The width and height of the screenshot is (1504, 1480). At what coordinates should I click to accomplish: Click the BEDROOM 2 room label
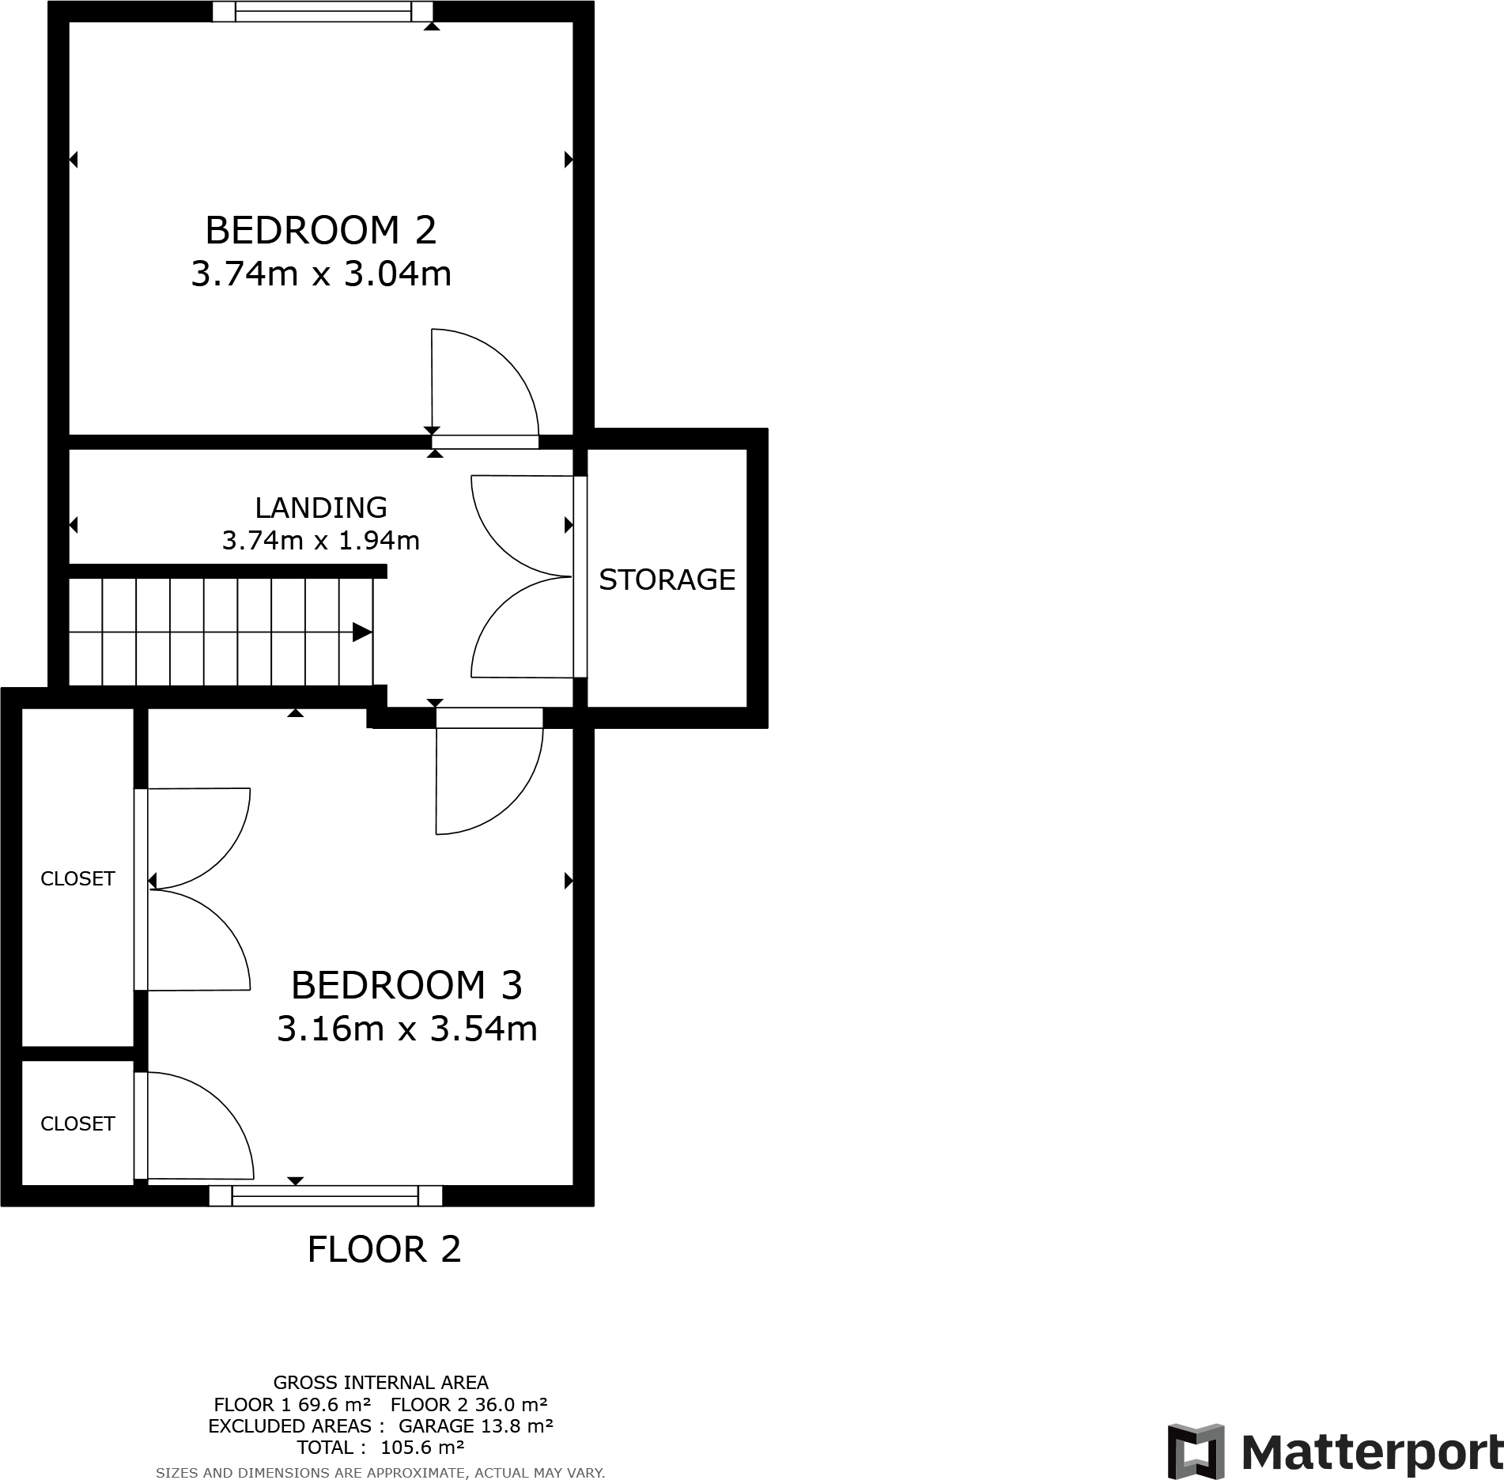[x=320, y=230]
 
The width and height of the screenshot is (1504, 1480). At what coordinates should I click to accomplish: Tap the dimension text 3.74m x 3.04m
[x=321, y=274]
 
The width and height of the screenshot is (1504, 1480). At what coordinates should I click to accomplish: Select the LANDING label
[x=320, y=507]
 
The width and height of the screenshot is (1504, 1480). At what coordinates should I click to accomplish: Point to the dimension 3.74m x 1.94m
[x=320, y=541]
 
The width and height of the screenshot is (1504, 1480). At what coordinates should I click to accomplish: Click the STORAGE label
[x=667, y=580]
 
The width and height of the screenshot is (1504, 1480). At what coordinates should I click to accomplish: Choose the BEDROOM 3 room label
[x=406, y=985]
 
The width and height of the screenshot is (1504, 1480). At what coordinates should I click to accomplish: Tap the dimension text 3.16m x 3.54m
[x=406, y=1029]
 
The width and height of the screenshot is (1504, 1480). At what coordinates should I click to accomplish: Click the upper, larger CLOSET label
[x=77, y=878]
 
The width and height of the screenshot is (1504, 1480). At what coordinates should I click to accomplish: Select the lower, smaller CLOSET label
[x=77, y=1123]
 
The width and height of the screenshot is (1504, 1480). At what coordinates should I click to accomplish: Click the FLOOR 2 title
[x=384, y=1250]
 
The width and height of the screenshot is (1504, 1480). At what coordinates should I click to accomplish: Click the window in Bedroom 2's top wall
[x=323, y=11]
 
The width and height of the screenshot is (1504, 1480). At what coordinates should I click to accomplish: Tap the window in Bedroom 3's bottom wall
[x=325, y=1195]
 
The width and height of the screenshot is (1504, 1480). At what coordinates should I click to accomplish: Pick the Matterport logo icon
[x=1196, y=1452]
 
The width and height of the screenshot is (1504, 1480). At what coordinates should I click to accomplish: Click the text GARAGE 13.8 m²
[x=475, y=1425]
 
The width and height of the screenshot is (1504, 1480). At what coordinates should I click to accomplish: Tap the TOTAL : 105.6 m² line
[x=380, y=1448]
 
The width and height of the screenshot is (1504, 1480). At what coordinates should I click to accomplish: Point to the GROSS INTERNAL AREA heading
[x=380, y=1382]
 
